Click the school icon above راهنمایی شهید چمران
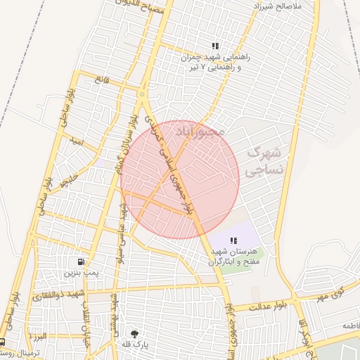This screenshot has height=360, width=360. [x=214, y=46]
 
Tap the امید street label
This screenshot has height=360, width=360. [x=77, y=141]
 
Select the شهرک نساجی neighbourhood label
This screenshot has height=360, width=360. [x=264, y=161]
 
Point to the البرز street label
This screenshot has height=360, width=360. [x=39, y=336]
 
